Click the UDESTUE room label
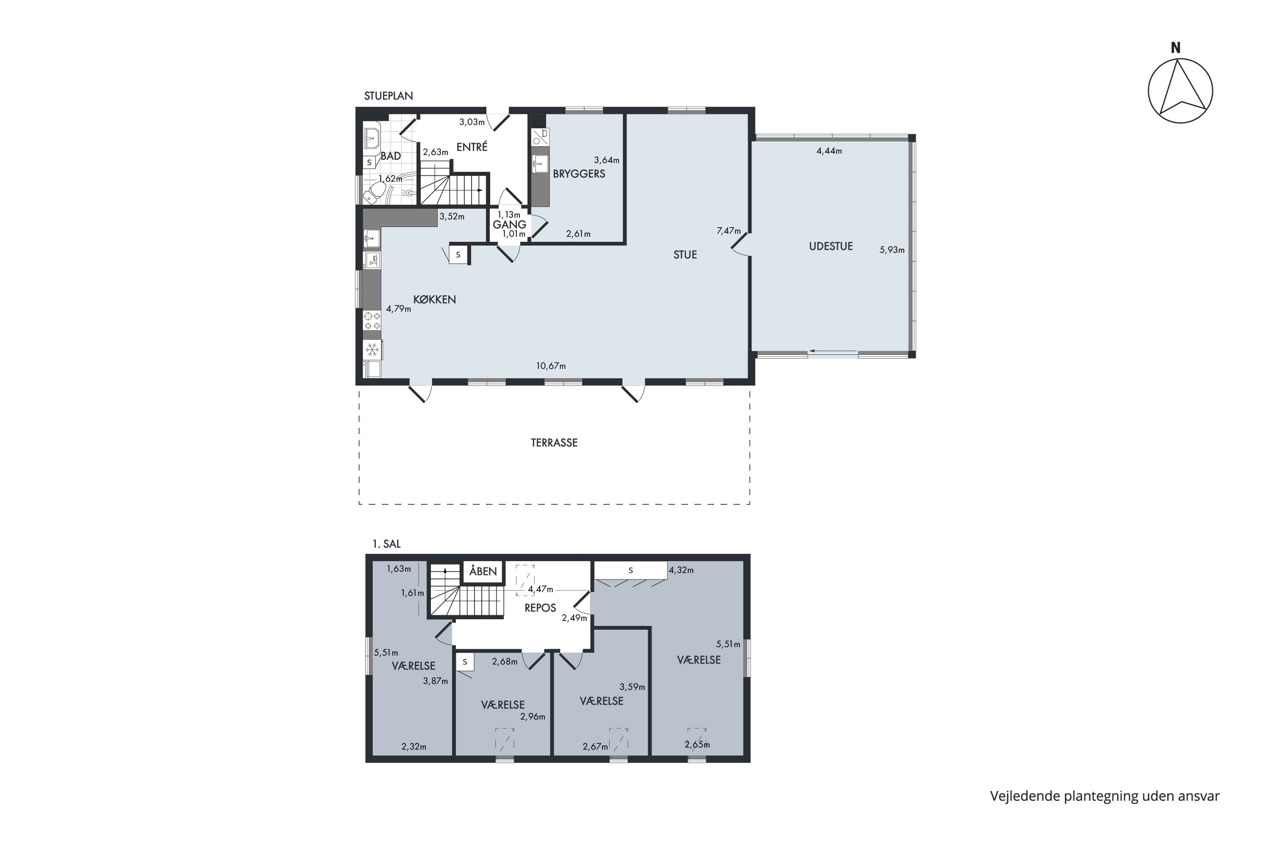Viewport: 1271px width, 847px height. [830, 246]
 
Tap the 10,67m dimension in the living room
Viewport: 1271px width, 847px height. [551, 366]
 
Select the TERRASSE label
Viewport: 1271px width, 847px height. [554, 443]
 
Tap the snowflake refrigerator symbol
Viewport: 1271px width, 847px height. [372, 350]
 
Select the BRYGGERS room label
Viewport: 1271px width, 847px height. [579, 174]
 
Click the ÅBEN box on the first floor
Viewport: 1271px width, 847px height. [483, 571]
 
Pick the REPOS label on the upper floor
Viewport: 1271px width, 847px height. [540, 608]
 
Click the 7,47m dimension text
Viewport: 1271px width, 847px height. [728, 231]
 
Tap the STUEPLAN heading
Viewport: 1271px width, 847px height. [388, 96]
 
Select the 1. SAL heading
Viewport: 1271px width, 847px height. [386, 544]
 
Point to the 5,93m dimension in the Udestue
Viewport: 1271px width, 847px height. [892, 250]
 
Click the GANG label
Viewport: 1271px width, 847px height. [509, 224]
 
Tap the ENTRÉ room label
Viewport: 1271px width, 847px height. [472, 147]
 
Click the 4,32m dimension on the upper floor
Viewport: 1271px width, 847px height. [681, 570]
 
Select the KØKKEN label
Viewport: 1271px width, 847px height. [435, 300]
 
